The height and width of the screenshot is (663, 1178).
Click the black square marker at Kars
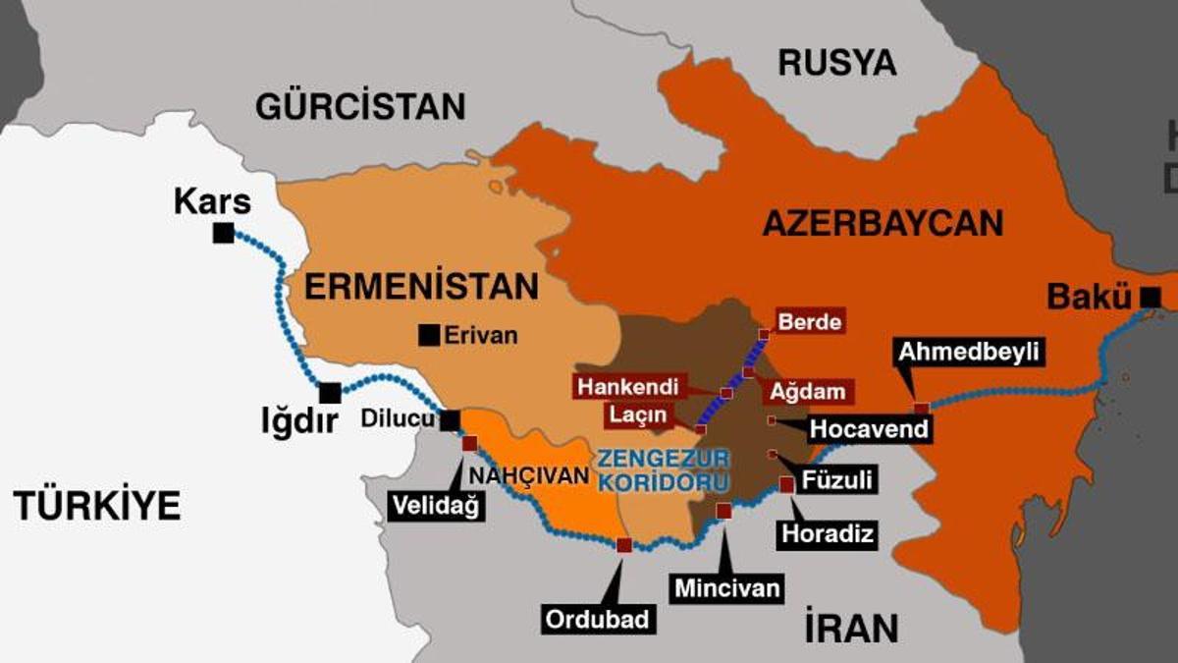223,233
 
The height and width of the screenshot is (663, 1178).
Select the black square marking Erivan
428,335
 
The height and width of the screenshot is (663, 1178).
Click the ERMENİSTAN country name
421,286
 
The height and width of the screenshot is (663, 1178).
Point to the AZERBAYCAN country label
883,223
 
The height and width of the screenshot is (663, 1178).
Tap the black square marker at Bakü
1151,295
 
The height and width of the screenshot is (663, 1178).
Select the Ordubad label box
597,619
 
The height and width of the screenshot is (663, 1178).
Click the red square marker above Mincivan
723,510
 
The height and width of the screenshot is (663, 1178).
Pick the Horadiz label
827,533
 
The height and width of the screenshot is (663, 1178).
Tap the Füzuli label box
837,481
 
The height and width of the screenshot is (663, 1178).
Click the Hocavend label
869,429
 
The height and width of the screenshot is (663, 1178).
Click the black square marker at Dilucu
450,420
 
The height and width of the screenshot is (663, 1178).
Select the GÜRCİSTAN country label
360,105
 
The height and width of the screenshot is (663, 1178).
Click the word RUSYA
837,63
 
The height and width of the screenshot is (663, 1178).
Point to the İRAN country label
850,627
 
